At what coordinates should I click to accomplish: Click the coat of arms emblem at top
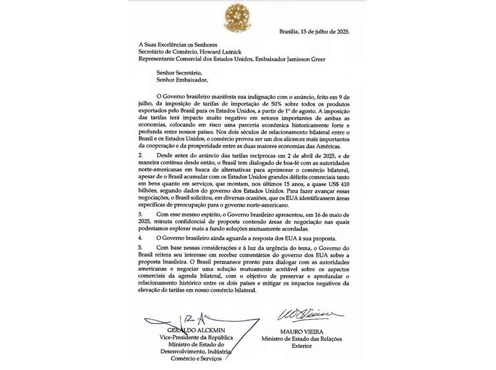(x=237, y=17)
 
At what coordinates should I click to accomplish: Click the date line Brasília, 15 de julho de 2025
(x=314, y=31)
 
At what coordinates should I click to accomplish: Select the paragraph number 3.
(x=141, y=214)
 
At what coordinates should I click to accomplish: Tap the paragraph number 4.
(x=141, y=238)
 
